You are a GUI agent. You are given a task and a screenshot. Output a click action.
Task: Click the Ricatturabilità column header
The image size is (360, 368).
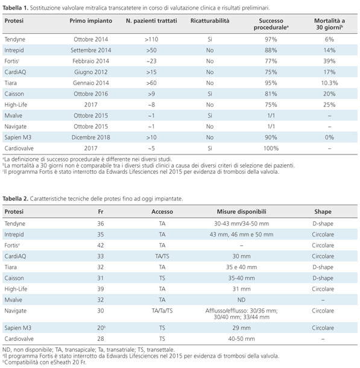coord(210,21)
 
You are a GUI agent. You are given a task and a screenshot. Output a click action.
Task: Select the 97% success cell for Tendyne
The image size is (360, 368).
coord(271,39)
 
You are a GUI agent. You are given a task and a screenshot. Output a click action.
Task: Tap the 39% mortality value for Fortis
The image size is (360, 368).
coord(329,62)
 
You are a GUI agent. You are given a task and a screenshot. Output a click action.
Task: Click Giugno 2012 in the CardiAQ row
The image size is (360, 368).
coord(91,72)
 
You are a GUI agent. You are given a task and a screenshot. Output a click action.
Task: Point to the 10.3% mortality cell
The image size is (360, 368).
coord(329,83)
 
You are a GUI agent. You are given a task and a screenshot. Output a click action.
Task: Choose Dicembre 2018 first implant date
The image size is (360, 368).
coord(91,138)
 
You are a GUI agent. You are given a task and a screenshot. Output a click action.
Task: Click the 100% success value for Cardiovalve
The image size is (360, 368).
coord(271,148)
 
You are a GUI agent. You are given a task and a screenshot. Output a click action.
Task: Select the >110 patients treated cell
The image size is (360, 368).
coord(151,39)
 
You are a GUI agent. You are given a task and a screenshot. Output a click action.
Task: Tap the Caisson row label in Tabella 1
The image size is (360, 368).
coord(14,94)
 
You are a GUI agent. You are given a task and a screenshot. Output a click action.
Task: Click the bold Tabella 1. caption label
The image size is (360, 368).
coord(15,8)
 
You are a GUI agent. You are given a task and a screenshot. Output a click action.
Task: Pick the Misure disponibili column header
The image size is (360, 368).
coord(241,212)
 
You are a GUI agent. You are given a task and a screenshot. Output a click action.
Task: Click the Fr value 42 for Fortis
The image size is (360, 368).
coord(101,246)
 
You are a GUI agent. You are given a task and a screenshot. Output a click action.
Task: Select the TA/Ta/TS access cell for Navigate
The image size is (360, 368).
coord(162,311)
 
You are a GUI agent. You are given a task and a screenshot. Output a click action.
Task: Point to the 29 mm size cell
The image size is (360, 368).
coord(241,328)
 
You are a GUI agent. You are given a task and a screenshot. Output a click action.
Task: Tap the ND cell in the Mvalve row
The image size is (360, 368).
coord(241,300)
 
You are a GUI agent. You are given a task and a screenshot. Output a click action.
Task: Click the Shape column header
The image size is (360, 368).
coord(323,212)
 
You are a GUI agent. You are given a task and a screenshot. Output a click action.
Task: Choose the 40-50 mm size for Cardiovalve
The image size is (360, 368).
coord(241,339)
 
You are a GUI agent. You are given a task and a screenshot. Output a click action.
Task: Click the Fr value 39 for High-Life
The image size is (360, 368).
coord(101,289)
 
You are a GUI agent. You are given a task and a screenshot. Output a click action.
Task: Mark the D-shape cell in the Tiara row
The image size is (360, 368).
coord(323,267)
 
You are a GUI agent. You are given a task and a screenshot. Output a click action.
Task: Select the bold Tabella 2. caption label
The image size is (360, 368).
coord(15,199)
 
